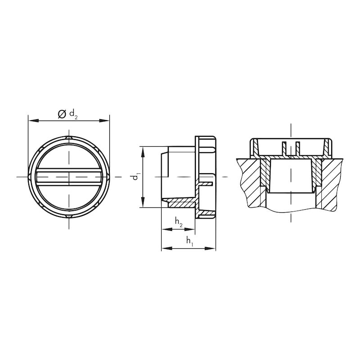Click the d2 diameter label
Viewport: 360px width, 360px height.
73,114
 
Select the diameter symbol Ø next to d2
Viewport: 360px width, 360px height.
62,114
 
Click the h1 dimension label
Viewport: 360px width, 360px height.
189,241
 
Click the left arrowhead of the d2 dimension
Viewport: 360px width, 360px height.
33,121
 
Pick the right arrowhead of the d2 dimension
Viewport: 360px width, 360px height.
104,121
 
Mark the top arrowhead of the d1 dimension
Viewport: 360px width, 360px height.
143,152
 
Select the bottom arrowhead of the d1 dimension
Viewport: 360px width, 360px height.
143,202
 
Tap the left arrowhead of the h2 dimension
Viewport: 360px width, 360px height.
166,229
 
